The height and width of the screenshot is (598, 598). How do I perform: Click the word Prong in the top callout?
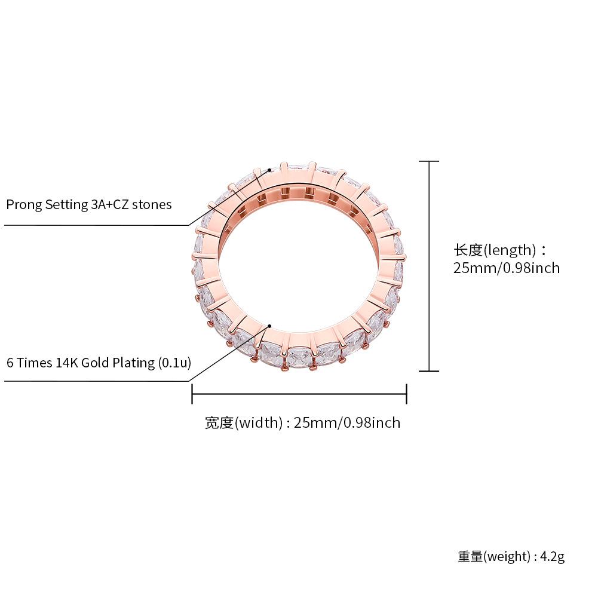pyautogui.click(x=24, y=205)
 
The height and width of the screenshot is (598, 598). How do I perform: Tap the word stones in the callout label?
pyautogui.click(x=152, y=205)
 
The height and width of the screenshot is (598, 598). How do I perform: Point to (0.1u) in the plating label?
pyautogui.click(x=174, y=363)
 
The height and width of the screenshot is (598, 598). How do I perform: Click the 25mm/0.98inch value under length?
pyautogui.click(x=507, y=268)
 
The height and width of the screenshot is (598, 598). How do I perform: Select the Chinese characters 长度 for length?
pyautogui.click(x=468, y=250)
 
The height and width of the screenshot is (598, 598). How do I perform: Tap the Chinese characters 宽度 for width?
pyautogui.click(x=219, y=422)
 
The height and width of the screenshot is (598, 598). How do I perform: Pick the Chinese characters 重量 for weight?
pyautogui.click(x=470, y=556)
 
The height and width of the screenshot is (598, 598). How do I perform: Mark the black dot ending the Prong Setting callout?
pyautogui.click(x=269, y=170)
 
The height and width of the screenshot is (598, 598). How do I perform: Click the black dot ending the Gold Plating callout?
pyautogui.click(x=269, y=326)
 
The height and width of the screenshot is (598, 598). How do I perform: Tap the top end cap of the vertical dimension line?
pyautogui.click(x=429, y=161)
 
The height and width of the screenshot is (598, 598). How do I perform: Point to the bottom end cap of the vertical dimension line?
pyautogui.click(x=429, y=371)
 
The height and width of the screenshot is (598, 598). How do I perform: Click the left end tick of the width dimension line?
pyautogui.click(x=192, y=394)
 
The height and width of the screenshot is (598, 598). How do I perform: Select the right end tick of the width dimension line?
pyautogui.click(x=407, y=394)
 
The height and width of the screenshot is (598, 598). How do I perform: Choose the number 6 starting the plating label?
pyautogui.click(x=10, y=363)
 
